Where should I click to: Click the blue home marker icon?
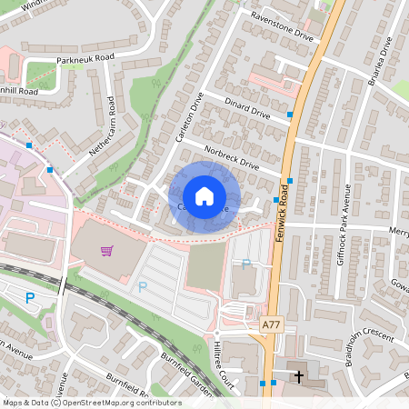[x=204, y=196]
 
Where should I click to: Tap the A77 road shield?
[x=271, y=324]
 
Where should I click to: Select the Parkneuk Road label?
[x=85, y=56]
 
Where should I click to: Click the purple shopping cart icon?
[x=107, y=250]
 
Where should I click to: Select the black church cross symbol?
[x=299, y=374]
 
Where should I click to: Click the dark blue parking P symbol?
[x=30, y=297]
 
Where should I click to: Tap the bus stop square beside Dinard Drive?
[x=290, y=115]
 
